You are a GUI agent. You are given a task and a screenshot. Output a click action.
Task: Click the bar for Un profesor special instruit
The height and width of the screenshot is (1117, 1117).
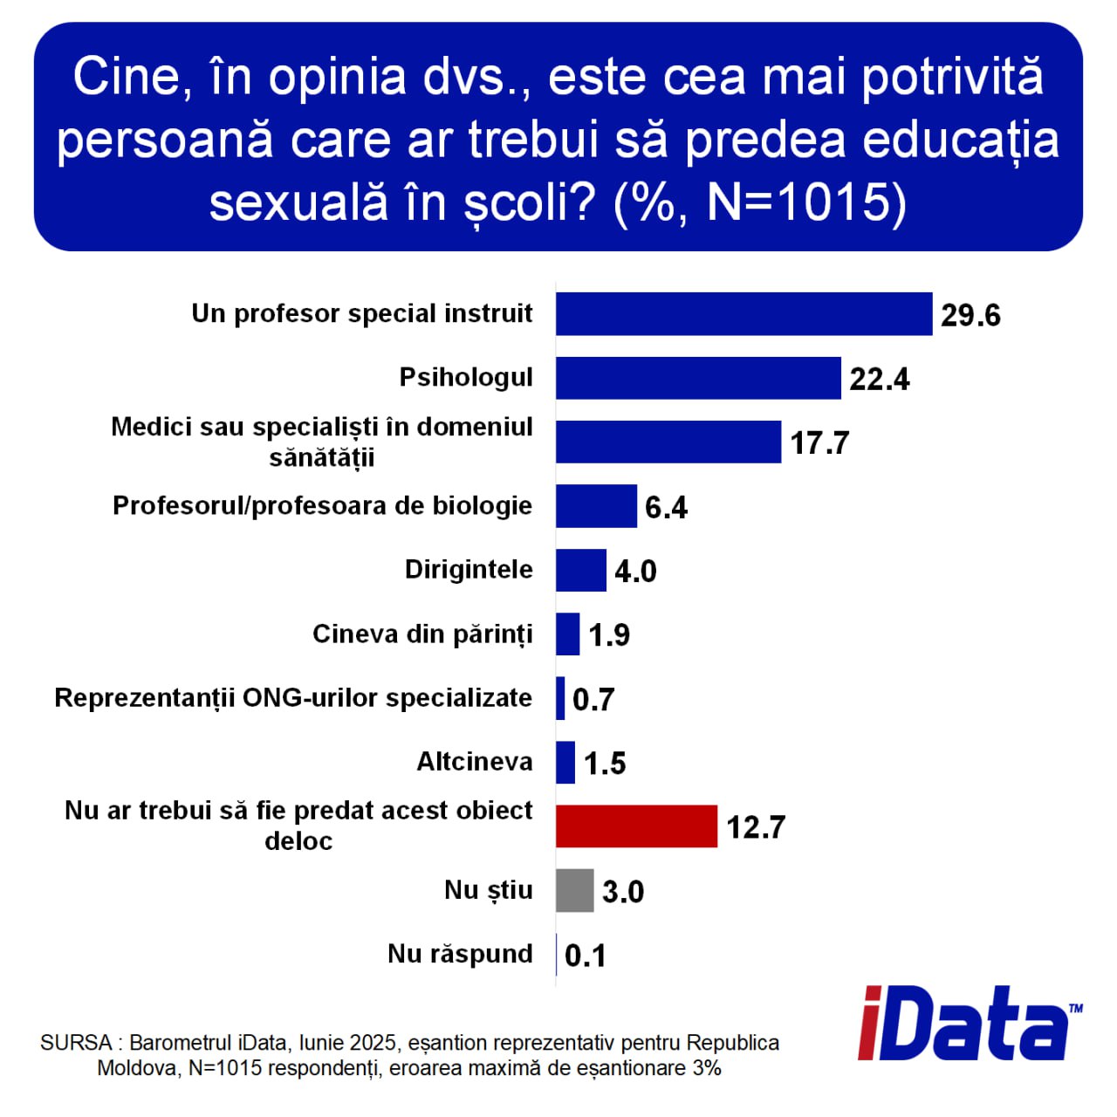(744, 313)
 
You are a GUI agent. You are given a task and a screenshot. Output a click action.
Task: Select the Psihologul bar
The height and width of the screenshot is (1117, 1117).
(698, 378)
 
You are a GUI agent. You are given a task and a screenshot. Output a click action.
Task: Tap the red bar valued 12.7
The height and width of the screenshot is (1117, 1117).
(636, 826)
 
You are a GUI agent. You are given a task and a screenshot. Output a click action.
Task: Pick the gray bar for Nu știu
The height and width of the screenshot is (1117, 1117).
(574, 890)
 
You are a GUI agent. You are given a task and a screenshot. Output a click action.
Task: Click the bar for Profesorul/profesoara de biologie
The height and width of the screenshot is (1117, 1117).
(596, 506)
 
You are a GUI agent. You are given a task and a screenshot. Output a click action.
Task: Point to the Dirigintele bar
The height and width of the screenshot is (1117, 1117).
(581, 571)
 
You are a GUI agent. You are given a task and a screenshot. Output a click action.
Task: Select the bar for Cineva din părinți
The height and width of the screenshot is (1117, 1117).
(567, 634)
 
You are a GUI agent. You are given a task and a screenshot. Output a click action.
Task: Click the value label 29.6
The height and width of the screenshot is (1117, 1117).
(970, 316)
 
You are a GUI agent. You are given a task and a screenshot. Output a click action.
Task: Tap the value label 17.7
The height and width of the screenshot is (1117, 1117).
(819, 443)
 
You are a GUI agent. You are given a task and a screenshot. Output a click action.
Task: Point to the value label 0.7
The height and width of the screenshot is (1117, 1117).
(593, 700)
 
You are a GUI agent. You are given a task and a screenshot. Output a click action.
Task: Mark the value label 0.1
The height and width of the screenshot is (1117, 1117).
(585, 956)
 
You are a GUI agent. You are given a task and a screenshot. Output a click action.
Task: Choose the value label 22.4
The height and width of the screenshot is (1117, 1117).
(880, 380)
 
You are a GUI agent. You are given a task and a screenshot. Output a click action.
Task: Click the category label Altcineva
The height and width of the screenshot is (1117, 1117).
(474, 762)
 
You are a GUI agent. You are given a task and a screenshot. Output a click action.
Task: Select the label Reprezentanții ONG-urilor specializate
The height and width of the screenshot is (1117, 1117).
(293, 698)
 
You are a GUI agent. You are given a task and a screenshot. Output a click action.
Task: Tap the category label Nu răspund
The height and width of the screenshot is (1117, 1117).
(460, 954)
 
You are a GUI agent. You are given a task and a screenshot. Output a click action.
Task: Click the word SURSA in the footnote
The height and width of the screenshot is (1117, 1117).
(76, 1043)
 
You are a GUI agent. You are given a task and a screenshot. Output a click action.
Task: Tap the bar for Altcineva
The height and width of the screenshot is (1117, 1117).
(565, 762)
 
